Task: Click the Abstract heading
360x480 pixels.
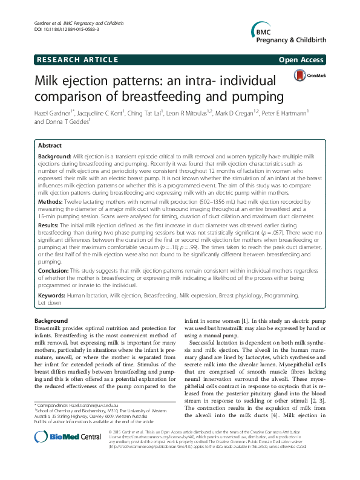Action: point(50,146)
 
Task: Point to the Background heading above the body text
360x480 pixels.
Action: point(51,320)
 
